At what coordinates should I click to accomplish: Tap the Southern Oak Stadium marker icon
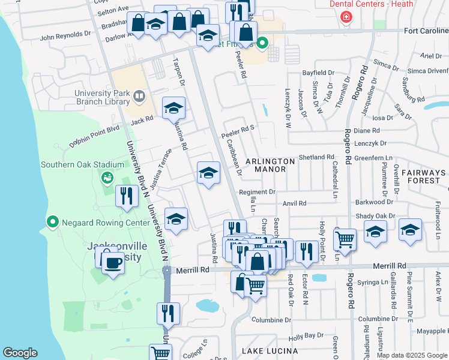pos(107,177)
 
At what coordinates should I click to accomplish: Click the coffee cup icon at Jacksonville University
pos(113,262)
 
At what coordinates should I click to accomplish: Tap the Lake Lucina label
pos(270,350)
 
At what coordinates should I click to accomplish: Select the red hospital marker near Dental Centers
pos(346,17)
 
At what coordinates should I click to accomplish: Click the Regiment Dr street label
pos(257,192)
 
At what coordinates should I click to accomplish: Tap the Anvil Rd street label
pos(295,203)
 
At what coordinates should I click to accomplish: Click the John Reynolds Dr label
pos(65,35)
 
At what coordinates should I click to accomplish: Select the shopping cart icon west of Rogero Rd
pos(345,240)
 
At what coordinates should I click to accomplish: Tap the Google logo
pos(20,353)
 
